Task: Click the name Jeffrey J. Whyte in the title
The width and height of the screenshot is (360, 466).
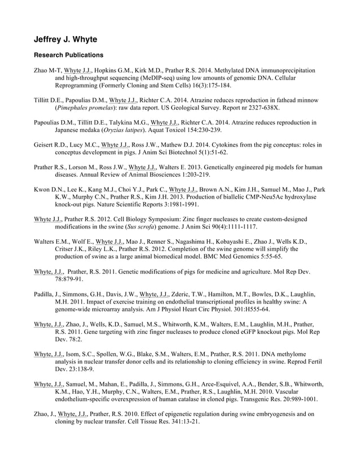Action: point(65,39)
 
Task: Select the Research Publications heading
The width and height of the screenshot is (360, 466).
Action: point(69,55)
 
